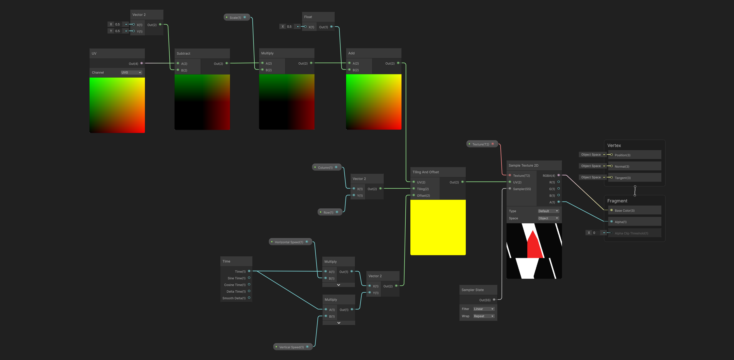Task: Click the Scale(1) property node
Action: pyautogui.click(x=237, y=17)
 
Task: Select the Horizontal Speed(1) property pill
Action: pyautogui.click(x=290, y=242)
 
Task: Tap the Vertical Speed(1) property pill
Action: pyautogui.click(x=293, y=347)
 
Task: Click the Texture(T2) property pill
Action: pyautogui.click(x=482, y=144)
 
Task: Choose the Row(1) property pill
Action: pyautogui.click(x=330, y=212)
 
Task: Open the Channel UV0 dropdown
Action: pyautogui.click(x=131, y=72)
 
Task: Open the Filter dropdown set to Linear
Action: pyautogui.click(x=484, y=309)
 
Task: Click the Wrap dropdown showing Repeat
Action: pyautogui.click(x=484, y=316)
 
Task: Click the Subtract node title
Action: pyautogui.click(x=183, y=53)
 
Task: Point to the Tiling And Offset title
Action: pyautogui.click(x=426, y=172)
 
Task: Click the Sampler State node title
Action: pyautogui.click(x=472, y=290)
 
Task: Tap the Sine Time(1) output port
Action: pyautogui.click(x=249, y=278)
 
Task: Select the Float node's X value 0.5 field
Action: pyautogui.click(x=290, y=27)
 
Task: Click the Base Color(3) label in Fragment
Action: pyautogui.click(x=624, y=211)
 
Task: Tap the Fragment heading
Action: pyautogui.click(x=617, y=201)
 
